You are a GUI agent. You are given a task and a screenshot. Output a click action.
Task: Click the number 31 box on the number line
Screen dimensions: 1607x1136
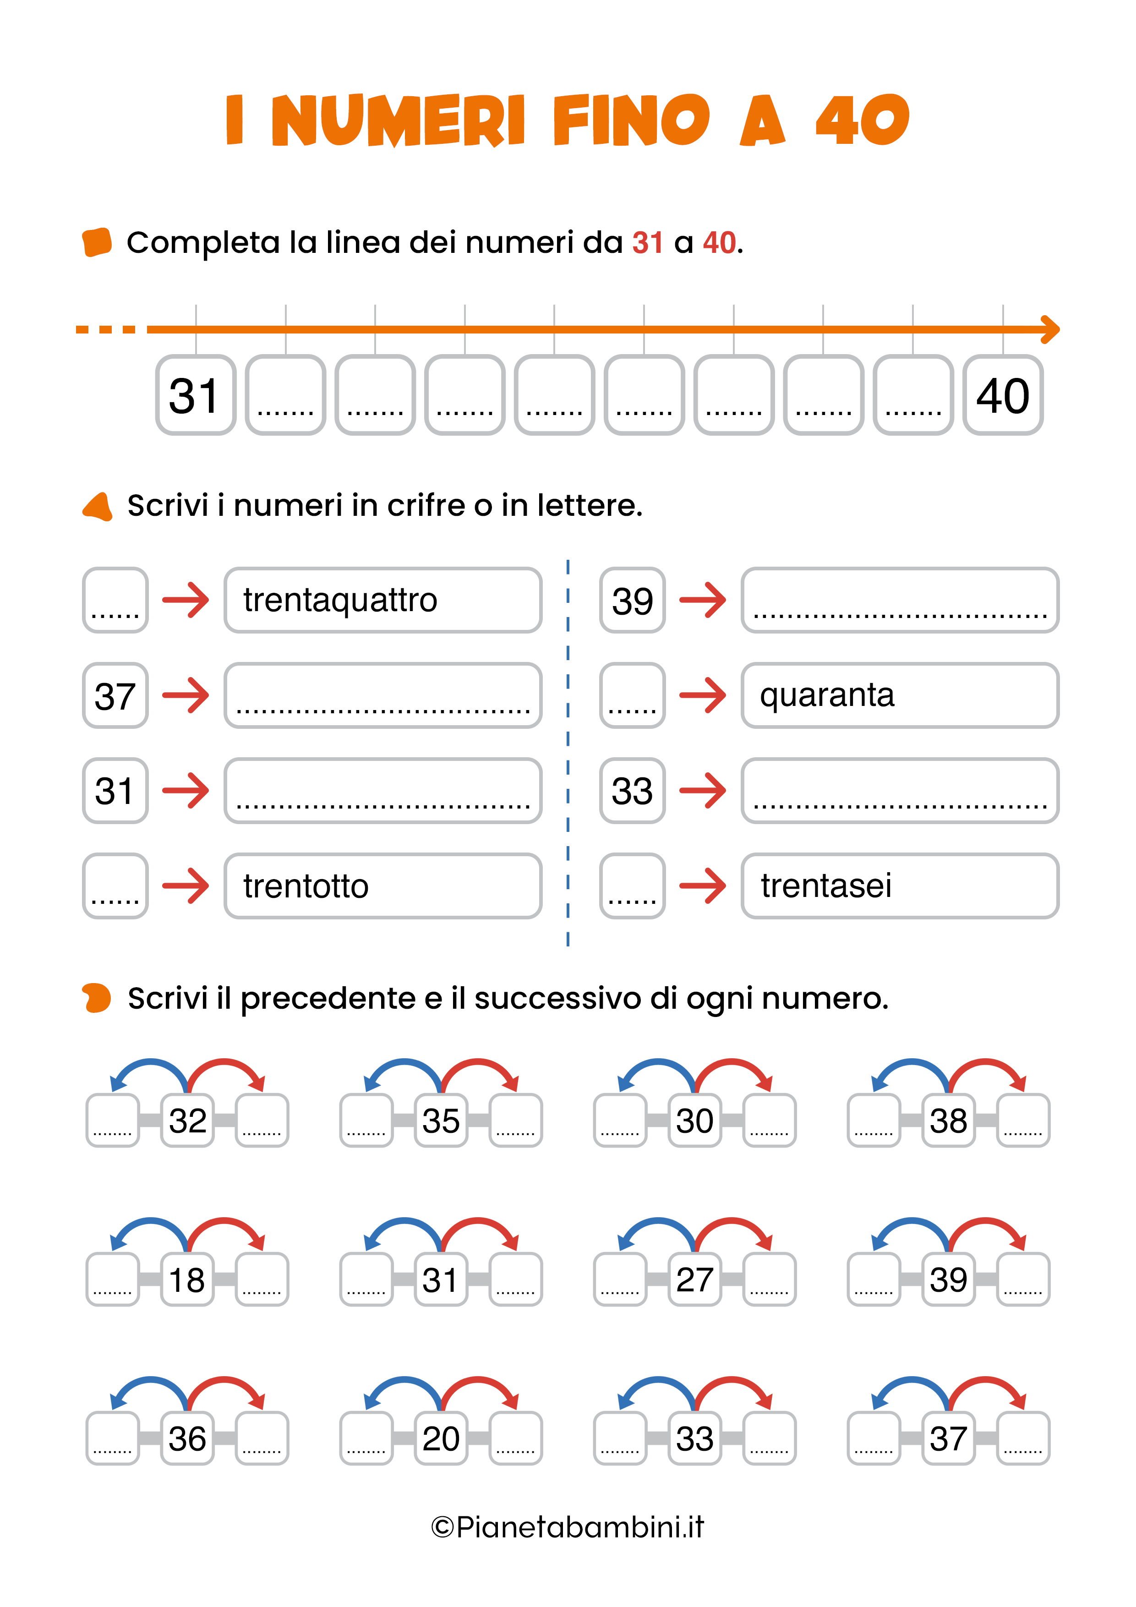click(x=195, y=395)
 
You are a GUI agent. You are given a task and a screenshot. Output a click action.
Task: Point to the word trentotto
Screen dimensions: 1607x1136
click(x=306, y=886)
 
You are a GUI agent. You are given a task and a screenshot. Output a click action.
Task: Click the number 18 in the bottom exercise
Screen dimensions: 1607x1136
click(x=187, y=1279)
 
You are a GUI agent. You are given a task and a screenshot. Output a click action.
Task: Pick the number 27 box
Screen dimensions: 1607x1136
click(x=694, y=1279)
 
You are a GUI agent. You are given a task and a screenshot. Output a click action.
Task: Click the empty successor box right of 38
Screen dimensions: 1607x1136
click(x=1022, y=1121)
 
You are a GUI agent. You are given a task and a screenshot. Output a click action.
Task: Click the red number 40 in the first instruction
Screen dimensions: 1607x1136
click(x=719, y=243)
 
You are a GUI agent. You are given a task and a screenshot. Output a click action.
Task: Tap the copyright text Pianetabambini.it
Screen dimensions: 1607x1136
click(x=568, y=1527)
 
